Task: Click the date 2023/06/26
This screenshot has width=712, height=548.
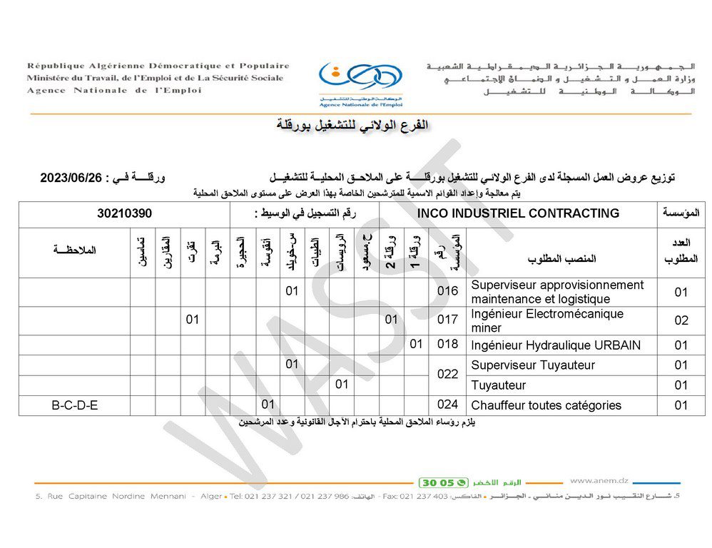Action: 71,178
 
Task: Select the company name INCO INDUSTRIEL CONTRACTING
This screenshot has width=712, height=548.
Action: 518,213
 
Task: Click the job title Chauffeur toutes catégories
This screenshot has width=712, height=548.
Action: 546,405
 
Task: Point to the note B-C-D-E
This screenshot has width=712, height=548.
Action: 75,405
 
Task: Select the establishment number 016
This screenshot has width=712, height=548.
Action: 447,291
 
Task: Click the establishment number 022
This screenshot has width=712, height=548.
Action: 447,375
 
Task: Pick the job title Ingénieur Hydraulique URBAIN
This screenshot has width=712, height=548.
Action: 556,345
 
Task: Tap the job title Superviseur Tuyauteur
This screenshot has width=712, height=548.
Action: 533,365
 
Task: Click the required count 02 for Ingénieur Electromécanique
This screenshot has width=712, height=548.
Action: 681,320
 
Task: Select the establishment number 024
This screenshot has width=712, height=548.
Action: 447,405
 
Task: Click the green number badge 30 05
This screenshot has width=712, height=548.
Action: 444,482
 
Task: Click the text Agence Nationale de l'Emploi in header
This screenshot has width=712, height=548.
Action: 114,91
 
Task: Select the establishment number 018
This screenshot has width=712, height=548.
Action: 447,345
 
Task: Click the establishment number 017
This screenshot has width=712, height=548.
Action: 447,320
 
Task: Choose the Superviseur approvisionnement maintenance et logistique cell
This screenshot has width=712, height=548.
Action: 557,292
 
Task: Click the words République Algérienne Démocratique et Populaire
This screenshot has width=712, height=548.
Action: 158,66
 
